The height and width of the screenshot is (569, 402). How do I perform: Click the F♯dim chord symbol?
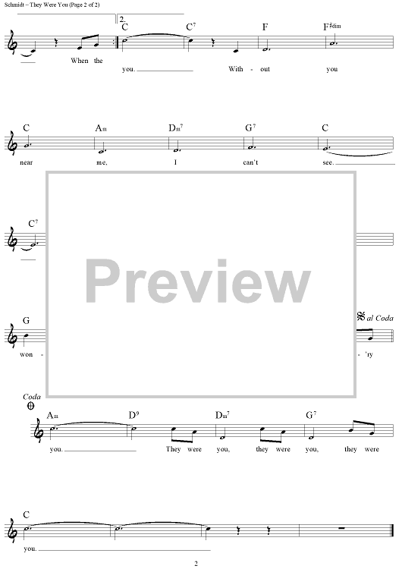(x=332, y=27)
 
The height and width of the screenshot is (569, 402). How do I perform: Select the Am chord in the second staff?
(x=101, y=128)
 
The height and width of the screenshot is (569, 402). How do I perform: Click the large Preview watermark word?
(x=198, y=281)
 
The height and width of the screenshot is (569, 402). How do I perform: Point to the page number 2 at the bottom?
(x=196, y=564)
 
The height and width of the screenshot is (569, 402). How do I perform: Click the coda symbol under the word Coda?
(x=31, y=406)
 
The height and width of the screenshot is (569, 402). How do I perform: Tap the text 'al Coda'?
(x=380, y=318)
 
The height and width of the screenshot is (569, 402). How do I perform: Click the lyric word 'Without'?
(x=249, y=69)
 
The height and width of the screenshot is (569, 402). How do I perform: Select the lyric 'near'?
(x=26, y=162)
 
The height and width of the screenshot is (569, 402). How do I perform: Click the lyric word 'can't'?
(x=250, y=162)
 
